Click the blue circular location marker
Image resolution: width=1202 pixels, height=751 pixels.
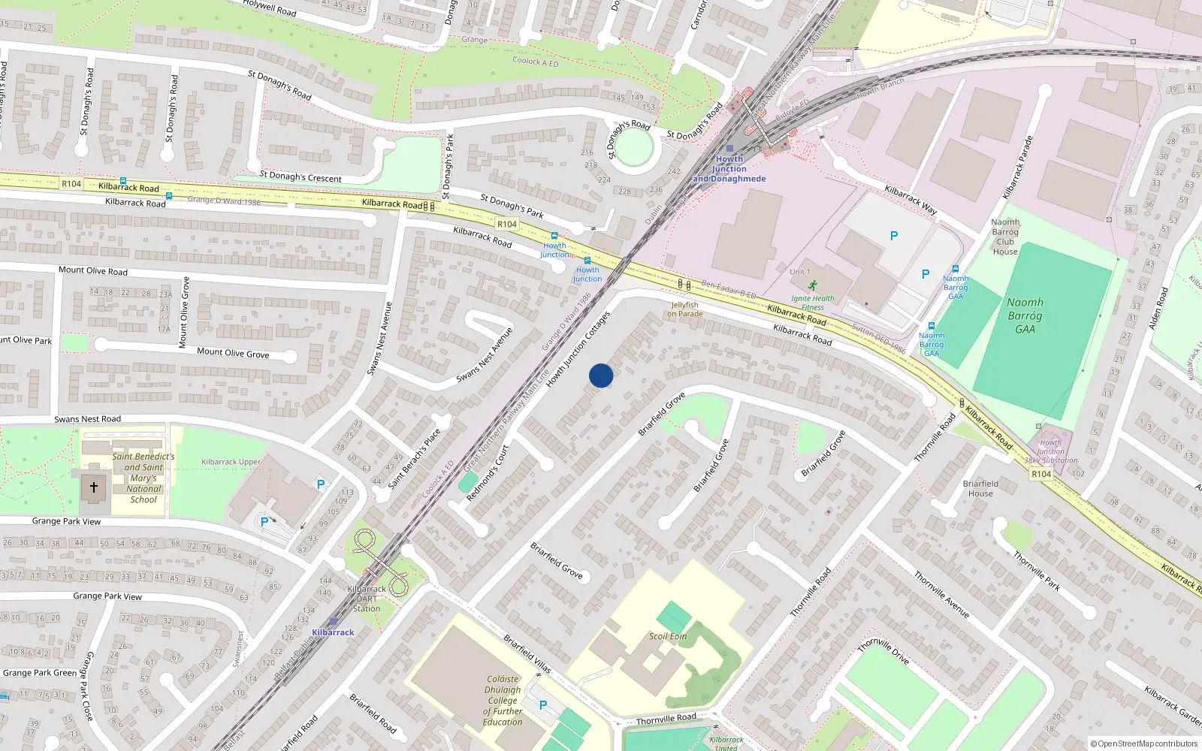coord(601,375)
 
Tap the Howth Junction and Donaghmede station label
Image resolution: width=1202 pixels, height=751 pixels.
coord(729,169)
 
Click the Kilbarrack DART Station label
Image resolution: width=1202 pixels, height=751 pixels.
coord(367,599)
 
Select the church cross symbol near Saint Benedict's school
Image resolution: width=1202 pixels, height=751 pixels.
coord(94,487)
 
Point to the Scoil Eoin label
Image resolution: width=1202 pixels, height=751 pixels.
coord(668,636)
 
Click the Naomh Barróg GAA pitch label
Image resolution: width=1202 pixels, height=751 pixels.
coord(1025,315)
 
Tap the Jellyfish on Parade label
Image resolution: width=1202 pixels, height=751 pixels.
coord(684,309)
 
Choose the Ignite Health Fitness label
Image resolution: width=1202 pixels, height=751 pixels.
coord(812,302)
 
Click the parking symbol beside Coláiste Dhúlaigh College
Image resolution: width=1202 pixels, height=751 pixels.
coord(543,705)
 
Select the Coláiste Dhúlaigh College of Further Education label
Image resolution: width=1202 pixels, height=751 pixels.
coord(503,701)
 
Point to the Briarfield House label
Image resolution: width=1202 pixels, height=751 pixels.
coord(980,488)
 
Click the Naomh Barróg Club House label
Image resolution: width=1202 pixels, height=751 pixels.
coord(1005,237)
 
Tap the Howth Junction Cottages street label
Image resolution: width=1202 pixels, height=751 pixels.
coord(578,349)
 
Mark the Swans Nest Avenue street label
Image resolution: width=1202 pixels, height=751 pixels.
coord(379,338)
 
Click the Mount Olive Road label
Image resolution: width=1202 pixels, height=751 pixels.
coord(93,270)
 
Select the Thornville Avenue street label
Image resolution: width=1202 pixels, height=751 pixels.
coord(941,594)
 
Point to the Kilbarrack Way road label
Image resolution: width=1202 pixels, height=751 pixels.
coord(911,200)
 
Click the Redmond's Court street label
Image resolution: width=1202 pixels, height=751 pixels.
coord(488,473)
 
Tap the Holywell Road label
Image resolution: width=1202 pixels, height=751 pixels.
coord(270,8)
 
